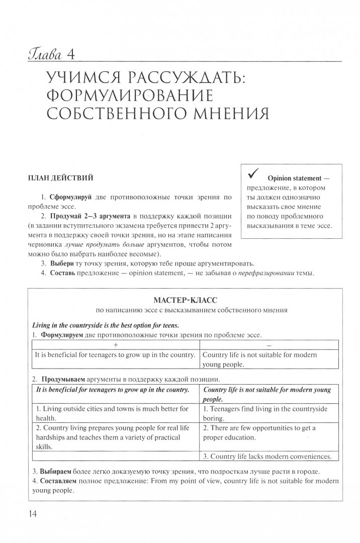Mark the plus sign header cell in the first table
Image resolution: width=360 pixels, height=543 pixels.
115,345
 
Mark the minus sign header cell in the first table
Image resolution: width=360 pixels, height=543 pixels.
268,345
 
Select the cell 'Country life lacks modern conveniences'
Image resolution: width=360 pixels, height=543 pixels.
267,457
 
